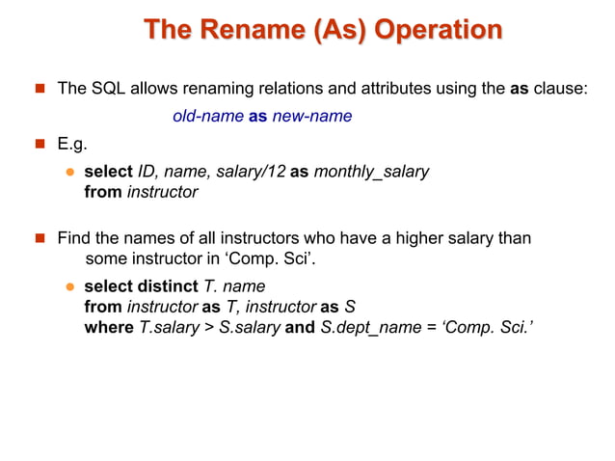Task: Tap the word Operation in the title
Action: pos(438,31)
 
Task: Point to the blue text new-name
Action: pos(311,117)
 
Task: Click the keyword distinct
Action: pos(166,286)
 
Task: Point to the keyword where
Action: pos(109,327)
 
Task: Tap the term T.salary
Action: pos(172,327)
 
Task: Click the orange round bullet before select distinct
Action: pos(69,286)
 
